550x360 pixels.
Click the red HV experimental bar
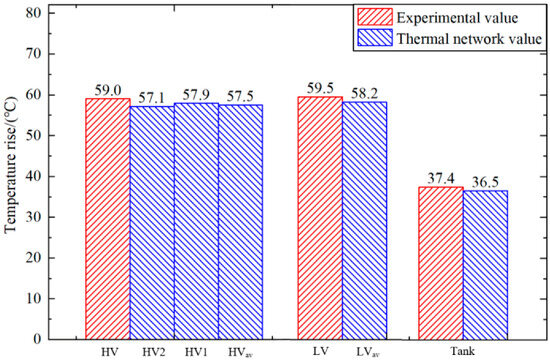click(x=108, y=219)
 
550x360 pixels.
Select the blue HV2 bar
click(x=152, y=223)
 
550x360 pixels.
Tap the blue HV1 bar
click(x=196, y=221)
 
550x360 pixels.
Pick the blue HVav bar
click(x=240, y=222)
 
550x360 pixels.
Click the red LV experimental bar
click(x=320, y=218)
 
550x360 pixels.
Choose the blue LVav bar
click(x=364, y=221)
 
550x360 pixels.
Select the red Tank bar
click(x=441, y=263)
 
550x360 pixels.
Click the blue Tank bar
click(x=485, y=265)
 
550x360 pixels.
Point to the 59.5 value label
click(x=320, y=88)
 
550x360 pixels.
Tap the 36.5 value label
click(x=485, y=182)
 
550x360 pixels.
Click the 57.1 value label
click(x=152, y=98)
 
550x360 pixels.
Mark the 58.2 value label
click(x=365, y=94)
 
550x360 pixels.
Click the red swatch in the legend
click(x=375, y=17)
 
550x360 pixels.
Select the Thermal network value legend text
click(x=469, y=38)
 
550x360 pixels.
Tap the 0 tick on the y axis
click(x=40, y=339)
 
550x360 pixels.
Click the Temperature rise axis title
click(x=11, y=165)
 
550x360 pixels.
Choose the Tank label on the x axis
click(x=462, y=351)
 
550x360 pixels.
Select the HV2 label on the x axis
click(x=154, y=352)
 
